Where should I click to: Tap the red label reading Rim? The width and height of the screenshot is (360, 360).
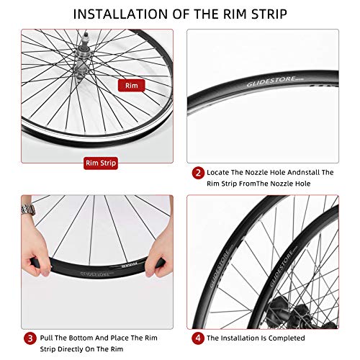point(131,85)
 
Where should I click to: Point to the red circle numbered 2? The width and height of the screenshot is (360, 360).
point(197,173)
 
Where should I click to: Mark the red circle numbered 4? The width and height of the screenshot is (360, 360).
point(197,338)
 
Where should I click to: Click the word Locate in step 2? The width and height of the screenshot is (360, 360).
point(220,173)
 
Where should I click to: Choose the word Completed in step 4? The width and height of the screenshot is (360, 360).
point(285,338)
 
